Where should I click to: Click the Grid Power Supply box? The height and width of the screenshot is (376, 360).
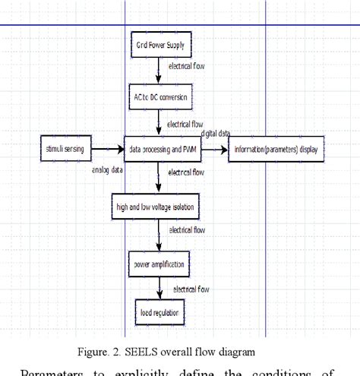[159, 45]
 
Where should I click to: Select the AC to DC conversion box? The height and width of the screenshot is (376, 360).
[159, 99]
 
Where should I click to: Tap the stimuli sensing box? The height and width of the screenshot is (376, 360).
[66, 150]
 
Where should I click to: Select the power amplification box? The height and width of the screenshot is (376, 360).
[158, 265]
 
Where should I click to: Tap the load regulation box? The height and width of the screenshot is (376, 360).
[159, 312]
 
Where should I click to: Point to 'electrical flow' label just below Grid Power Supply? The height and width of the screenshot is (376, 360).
[186, 67]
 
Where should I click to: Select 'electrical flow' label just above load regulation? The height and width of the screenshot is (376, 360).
[191, 289]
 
